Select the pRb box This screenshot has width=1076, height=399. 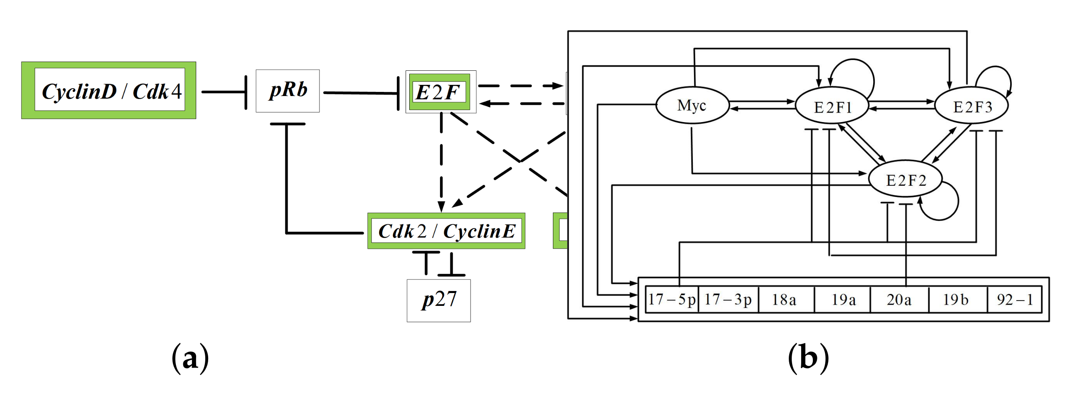287,91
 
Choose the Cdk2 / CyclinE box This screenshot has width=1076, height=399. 446,231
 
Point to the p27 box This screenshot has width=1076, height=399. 439,300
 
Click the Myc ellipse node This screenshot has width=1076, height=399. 692,105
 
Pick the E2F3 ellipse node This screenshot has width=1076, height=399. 971,106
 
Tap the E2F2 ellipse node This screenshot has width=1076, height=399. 905,179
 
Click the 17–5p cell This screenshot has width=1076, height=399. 672,299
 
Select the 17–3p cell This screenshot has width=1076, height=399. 728,299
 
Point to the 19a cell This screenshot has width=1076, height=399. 843,299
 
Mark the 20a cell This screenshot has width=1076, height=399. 899,299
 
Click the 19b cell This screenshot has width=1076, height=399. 957,299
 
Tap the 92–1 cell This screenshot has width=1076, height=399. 1014,299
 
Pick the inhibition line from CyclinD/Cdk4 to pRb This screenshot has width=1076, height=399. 223,91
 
